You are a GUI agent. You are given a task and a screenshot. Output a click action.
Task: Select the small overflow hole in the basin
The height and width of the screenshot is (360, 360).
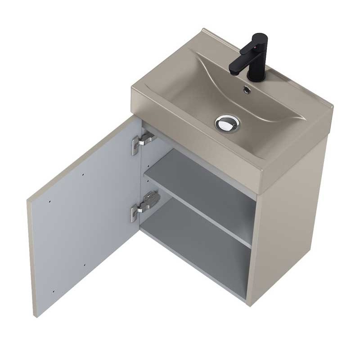pos(247,90)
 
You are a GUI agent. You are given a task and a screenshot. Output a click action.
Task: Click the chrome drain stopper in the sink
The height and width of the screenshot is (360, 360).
pos(228,122)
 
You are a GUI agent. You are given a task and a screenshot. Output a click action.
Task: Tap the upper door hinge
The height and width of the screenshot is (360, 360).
pos(145,140)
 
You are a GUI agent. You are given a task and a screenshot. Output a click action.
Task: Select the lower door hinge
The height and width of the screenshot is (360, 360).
pos(145,205)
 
